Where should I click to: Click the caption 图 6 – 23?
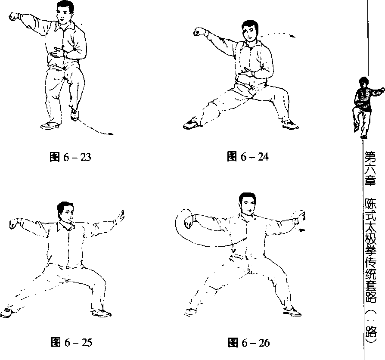click(70, 157)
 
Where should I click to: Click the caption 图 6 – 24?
click(248, 156)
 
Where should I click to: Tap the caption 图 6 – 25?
click(71, 342)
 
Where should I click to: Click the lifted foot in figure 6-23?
click(75, 115)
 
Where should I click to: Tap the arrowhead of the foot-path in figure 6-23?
click(111, 134)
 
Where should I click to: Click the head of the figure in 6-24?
click(250, 31)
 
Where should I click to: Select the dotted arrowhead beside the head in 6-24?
click(292, 37)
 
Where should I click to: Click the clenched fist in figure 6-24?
click(199, 32)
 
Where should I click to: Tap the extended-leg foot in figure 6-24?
click(192, 124)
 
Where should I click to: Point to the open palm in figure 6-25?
click(120, 216)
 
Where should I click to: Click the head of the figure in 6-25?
click(65, 212)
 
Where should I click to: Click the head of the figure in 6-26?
click(248, 204)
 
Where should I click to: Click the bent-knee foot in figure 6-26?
click(292, 311)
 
